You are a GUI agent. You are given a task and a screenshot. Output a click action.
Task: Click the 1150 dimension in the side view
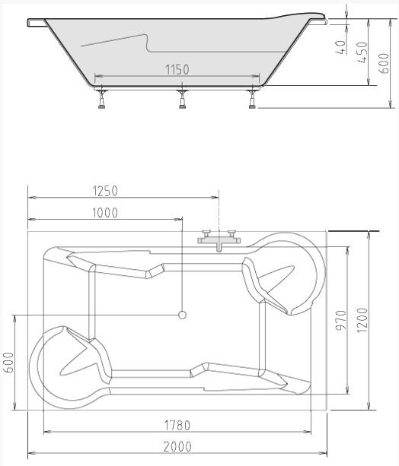(x=177, y=69)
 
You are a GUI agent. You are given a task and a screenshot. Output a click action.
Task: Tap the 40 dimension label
(x=341, y=47)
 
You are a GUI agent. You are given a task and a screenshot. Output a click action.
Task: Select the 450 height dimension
(x=362, y=52)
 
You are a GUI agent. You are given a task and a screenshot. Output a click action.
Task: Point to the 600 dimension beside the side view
(x=384, y=63)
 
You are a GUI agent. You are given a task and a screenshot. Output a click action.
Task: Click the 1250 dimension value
(x=105, y=191)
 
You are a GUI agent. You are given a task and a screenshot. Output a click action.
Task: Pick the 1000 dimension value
(x=105, y=213)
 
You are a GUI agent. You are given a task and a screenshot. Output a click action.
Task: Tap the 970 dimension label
(x=341, y=321)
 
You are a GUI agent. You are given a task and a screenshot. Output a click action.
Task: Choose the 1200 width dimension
(x=362, y=320)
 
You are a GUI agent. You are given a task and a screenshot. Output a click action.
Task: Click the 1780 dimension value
(x=177, y=425)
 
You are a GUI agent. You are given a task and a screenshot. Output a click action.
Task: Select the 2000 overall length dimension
(x=177, y=447)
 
